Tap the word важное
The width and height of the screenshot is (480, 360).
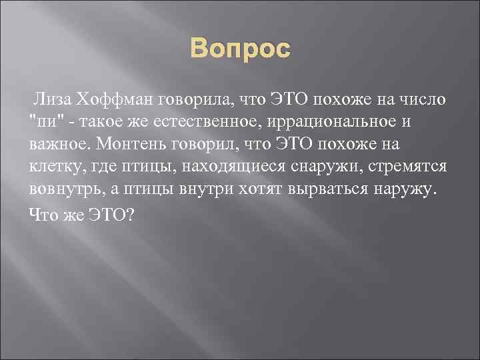coord(60,144)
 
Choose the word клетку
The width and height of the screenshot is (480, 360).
coord(54,167)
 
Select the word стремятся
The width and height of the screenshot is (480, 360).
coord(408,167)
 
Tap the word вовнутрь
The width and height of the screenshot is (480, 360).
coord(66,189)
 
